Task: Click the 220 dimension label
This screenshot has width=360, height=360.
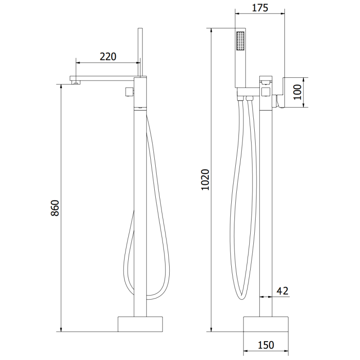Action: point(108,57)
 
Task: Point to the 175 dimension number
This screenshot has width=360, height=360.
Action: point(259,8)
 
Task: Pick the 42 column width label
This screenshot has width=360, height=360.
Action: point(282,291)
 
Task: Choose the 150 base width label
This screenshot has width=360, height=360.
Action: point(266,345)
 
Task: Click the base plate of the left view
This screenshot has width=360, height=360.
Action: point(140,324)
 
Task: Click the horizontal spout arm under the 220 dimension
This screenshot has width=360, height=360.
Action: point(103,78)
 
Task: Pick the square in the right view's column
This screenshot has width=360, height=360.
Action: point(265,92)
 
